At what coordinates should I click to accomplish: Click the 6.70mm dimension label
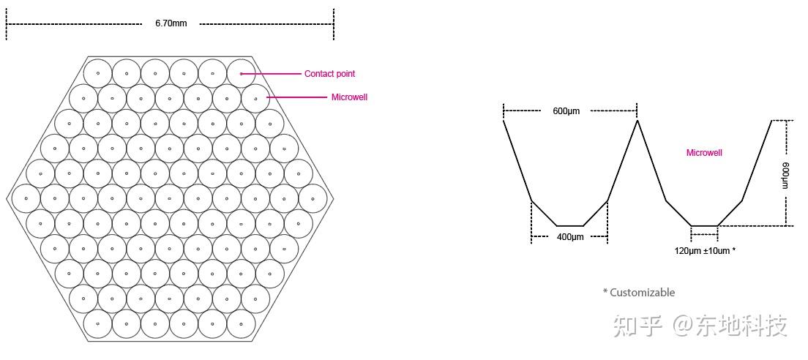(x=171, y=23)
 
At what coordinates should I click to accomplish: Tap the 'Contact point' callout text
(x=329, y=74)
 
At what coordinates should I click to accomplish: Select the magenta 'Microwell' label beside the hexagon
(x=349, y=97)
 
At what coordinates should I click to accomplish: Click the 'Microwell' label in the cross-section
(x=704, y=153)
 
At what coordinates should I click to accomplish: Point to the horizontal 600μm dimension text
(x=566, y=111)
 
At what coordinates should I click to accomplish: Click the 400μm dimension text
(x=570, y=237)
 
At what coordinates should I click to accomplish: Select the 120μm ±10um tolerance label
(x=705, y=251)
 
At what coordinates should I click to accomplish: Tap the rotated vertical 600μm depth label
(x=786, y=175)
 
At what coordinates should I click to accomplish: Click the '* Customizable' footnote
(x=639, y=293)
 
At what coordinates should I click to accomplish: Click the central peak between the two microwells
(x=637, y=121)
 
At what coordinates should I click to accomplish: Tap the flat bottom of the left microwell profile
(x=570, y=225)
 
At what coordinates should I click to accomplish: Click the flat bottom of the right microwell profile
(x=704, y=225)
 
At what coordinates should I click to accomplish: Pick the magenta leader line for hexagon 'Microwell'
(x=296, y=97)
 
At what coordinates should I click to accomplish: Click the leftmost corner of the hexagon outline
(x=8, y=198)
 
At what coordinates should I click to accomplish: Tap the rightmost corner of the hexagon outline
(x=333, y=198)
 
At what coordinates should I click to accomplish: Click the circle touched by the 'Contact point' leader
(x=241, y=73)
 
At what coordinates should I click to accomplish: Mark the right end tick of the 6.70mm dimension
(x=334, y=24)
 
